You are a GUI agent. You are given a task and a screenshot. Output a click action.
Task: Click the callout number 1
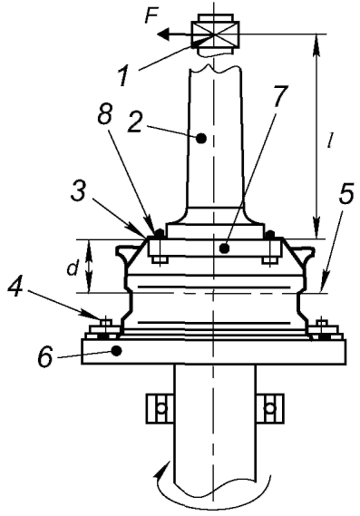[x=123, y=76]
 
